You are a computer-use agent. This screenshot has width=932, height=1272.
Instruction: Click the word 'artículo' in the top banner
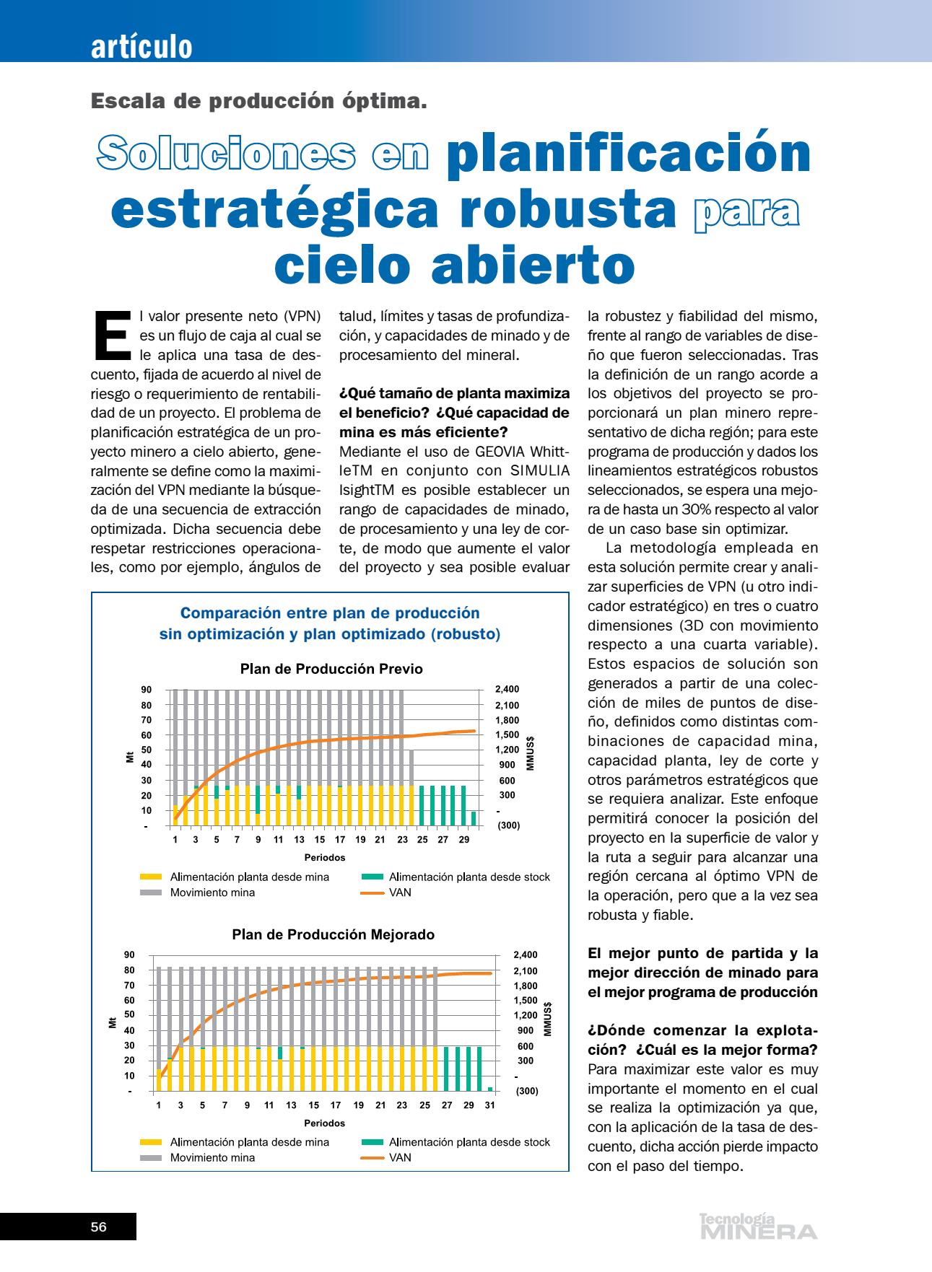tap(141, 47)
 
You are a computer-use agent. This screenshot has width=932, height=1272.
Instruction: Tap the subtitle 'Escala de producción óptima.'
tap(259, 101)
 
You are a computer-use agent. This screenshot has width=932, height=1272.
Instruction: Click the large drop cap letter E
tap(112, 334)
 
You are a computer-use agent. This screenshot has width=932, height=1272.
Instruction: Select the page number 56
tap(99, 1227)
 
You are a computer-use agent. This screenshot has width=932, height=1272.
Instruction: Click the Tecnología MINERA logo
tap(758, 1226)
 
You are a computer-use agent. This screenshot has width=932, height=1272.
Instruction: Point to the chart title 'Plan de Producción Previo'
tap(331, 669)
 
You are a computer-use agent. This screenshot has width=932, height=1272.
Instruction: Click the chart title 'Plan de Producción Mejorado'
tap(333, 934)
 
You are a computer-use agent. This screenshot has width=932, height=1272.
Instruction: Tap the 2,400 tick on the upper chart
tap(507, 689)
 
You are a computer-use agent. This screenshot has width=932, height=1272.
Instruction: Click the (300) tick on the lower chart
tap(527, 1091)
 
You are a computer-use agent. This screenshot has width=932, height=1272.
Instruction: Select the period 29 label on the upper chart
tap(463, 840)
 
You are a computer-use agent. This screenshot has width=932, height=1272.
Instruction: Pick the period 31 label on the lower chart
tap(489, 1105)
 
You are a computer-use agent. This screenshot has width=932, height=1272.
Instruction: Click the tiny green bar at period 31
tap(490, 1089)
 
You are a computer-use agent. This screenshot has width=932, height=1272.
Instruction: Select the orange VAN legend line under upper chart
tap(372, 892)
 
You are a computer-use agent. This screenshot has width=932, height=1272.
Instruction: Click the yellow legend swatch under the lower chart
tap(151, 1142)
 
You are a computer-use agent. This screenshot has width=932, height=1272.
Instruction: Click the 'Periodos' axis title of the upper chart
tap(324, 858)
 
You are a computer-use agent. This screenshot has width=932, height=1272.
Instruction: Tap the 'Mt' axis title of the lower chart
tap(112, 1022)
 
